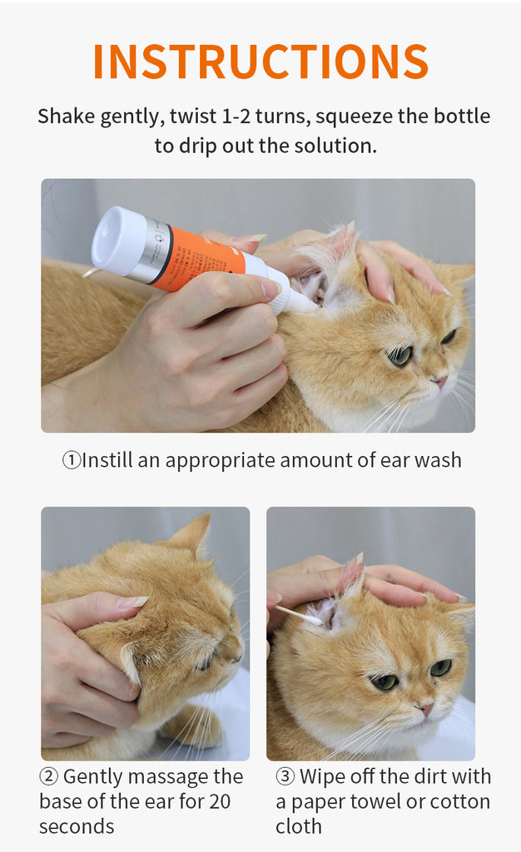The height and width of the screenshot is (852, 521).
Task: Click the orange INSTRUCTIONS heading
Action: (260, 61)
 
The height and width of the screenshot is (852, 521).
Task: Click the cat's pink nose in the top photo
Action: (440, 381)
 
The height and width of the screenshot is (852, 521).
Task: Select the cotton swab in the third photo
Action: (300, 616)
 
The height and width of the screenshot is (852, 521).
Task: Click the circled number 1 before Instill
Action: (72, 460)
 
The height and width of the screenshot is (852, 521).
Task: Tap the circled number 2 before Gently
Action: (49, 777)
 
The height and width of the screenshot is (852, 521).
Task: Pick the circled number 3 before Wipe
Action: (285, 777)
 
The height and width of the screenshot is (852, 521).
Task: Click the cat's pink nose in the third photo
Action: (426, 710)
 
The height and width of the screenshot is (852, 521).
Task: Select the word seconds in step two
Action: (77, 827)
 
